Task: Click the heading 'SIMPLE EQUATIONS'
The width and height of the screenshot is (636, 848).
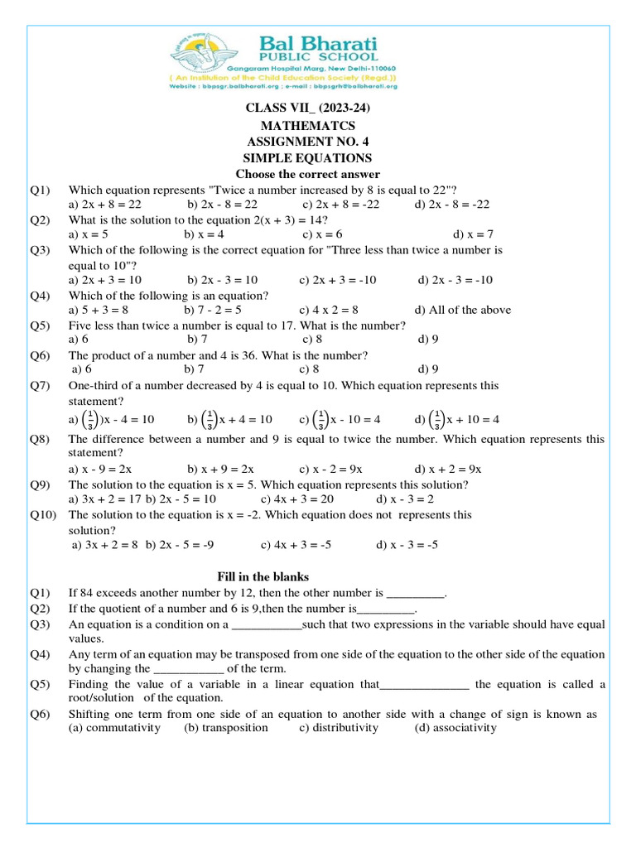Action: point(307,158)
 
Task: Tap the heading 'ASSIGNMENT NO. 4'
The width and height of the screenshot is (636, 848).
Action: point(307,142)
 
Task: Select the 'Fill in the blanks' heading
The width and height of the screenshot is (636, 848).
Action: point(263,576)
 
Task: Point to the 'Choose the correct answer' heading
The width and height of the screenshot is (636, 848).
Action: point(307,174)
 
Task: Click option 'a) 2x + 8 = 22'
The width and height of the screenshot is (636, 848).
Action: point(105,204)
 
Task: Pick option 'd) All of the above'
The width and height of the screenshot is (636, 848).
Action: point(463,310)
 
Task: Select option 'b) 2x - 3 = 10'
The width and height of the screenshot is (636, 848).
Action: point(222,280)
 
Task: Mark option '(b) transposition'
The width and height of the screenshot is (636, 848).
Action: point(226,728)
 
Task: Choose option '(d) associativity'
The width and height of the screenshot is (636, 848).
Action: point(455,728)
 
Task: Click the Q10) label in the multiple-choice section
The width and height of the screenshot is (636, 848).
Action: point(41,514)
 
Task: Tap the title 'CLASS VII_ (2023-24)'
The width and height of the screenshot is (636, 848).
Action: point(307,109)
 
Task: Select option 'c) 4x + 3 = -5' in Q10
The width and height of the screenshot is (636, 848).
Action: point(296,545)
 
